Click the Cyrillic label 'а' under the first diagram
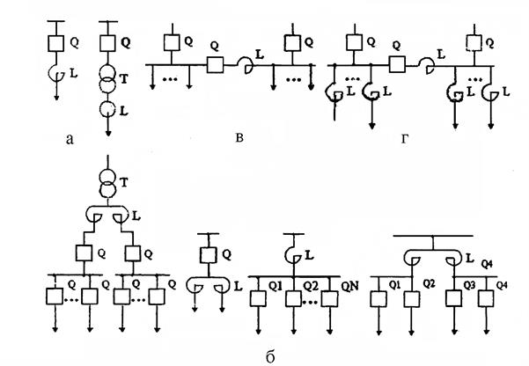(70, 139)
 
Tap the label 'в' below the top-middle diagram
(239, 137)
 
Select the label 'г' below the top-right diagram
(405, 138)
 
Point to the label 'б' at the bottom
(270, 356)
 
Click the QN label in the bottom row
(349, 287)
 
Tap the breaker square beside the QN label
(329, 299)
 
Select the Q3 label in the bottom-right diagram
(469, 285)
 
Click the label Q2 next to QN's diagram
(311, 286)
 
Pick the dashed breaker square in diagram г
(474, 43)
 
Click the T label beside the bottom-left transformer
(124, 182)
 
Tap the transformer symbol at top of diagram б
(108, 183)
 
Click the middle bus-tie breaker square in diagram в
(215, 65)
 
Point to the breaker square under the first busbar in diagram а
(56, 43)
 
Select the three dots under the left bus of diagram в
(170, 79)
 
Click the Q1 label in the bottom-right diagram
(395, 285)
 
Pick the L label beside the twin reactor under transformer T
(136, 216)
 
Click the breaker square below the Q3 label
(454, 298)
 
